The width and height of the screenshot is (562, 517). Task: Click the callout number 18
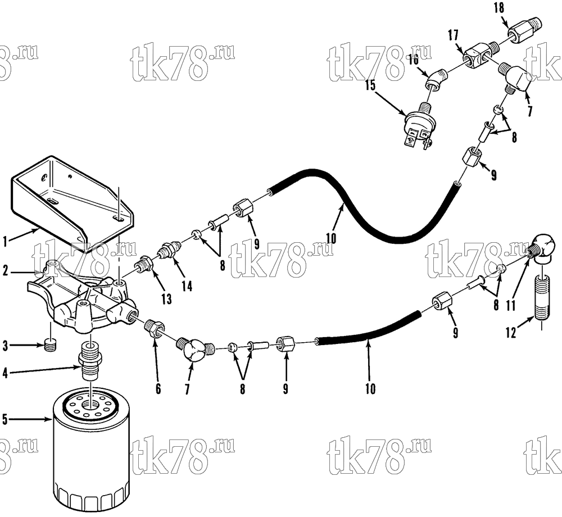tap(499, 8)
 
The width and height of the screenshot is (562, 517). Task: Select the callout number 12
tap(510, 333)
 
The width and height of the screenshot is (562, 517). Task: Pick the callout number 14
tap(187, 285)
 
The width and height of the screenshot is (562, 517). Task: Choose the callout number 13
tap(167, 298)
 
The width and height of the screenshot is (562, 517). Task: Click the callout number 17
tap(453, 35)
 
